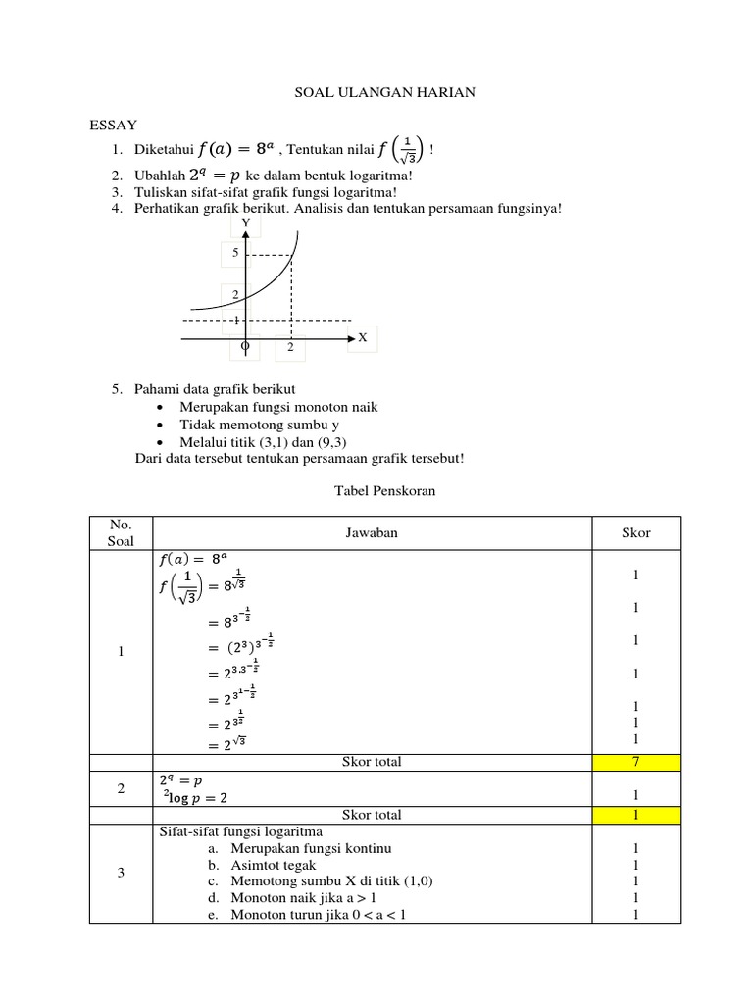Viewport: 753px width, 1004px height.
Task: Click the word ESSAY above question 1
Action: point(114,125)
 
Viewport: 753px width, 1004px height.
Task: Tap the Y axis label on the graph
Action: point(246,224)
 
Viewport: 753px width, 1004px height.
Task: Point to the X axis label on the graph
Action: point(362,337)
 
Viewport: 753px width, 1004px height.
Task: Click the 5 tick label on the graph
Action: point(235,253)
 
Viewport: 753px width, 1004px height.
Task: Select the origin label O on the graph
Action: point(245,346)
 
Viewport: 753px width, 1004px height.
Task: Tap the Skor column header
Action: point(635,533)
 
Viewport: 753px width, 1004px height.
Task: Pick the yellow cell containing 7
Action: point(635,762)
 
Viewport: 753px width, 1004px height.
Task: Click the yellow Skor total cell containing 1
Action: point(635,815)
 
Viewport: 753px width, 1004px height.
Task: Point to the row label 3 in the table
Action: point(120,873)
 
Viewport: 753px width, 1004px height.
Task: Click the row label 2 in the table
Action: point(120,788)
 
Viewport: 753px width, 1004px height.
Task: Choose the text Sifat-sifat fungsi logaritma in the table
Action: point(240,831)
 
